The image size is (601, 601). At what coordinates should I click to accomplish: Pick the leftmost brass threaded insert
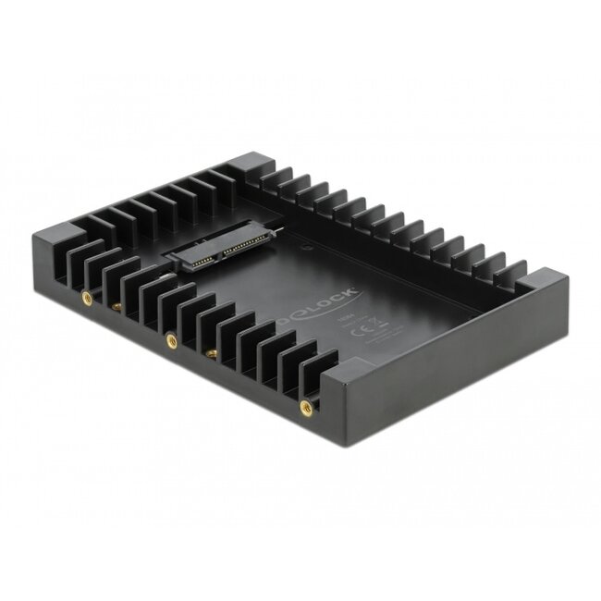click(87, 298)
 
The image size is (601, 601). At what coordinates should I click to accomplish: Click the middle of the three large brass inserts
click(171, 340)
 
